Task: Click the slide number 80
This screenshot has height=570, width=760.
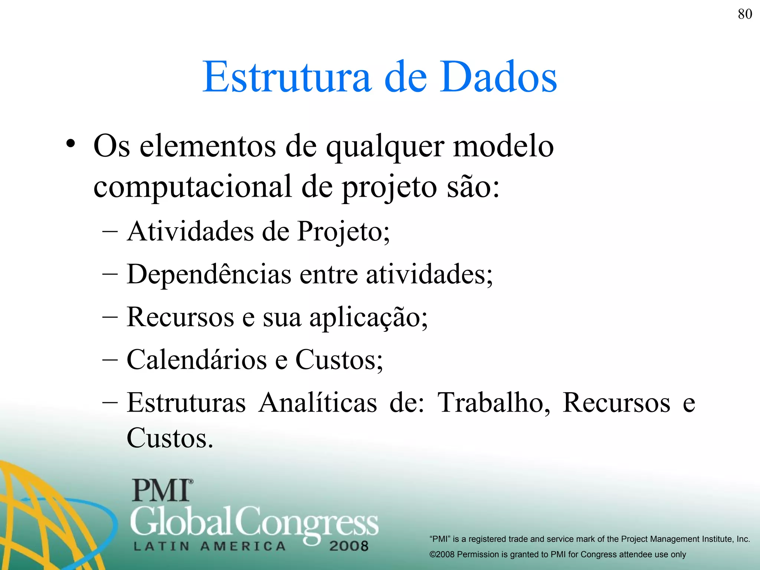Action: [x=745, y=14]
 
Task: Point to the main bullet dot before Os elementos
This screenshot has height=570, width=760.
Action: [x=71, y=144]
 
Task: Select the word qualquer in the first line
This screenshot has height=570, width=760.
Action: [x=385, y=148]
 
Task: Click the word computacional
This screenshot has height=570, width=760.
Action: [x=192, y=187]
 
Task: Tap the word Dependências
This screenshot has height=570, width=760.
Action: [x=209, y=274]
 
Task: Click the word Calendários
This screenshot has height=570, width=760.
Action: [x=197, y=360]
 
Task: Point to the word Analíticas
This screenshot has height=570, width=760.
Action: [x=318, y=403]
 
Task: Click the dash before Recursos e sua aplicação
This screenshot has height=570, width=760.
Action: [x=110, y=318]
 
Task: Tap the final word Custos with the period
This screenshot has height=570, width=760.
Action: [x=170, y=438]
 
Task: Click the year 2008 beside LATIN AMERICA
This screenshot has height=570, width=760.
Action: [x=348, y=546]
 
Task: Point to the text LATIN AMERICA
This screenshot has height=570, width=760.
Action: [x=210, y=546]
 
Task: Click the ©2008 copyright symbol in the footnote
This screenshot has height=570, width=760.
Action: [x=433, y=554]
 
